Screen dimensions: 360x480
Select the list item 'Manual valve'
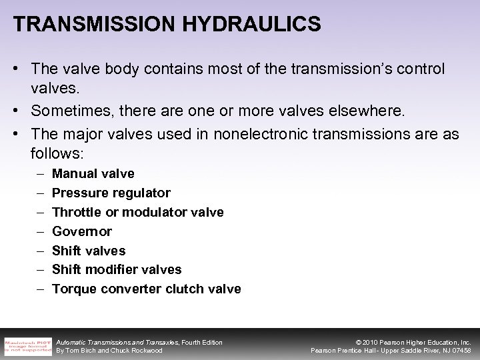[x=93, y=174]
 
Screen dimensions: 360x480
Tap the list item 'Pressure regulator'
[x=111, y=193]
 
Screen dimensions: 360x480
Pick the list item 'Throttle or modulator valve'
[x=137, y=212]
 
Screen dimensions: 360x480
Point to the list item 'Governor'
[x=81, y=231]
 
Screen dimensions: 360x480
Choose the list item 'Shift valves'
[x=88, y=251]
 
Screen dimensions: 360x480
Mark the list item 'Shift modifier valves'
[x=116, y=269]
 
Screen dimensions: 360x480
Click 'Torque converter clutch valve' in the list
[x=146, y=289]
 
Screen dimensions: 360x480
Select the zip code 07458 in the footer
[x=459, y=351]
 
